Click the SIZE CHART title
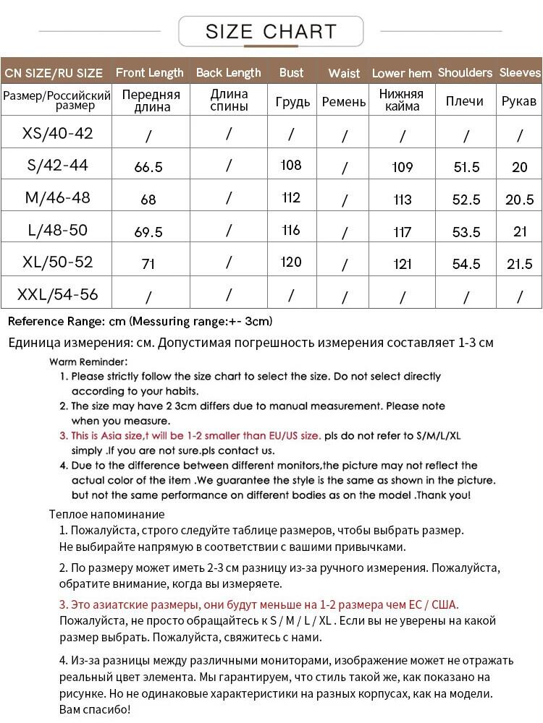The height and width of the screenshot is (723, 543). pyautogui.click(x=271, y=32)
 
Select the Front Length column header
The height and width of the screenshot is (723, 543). pyautogui.click(x=150, y=72)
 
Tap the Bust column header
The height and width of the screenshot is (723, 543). pyautogui.click(x=291, y=72)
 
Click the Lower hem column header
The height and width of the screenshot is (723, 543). pyautogui.click(x=402, y=73)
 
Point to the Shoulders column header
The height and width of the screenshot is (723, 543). pyautogui.click(x=466, y=72)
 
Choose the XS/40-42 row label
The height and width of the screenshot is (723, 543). pyautogui.click(x=58, y=133)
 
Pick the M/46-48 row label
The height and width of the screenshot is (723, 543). pyautogui.click(x=58, y=198)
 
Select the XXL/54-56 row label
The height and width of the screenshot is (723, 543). pyautogui.click(x=58, y=295)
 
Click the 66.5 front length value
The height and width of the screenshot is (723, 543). pyautogui.click(x=148, y=167)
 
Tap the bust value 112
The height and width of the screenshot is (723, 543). pyautogui.click(x=291, y=198)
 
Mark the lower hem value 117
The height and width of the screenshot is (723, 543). pyautogui.click(x=402, y=232)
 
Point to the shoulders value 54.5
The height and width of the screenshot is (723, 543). pyautogui.click(x=466, y=264)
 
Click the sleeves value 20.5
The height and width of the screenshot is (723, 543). pyautogui.click(x=520, y=200)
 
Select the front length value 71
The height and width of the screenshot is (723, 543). pyautogui.click(x=148, y=264)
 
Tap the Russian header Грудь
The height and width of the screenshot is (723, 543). pyautogui.click(x=292, y=102)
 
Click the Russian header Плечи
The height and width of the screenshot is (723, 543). pyautogui.click(x=465, y=101)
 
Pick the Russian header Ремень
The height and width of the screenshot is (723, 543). pyautogui.click(x=344, y=102)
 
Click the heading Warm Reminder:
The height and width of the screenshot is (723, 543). pyautogui.click(x=88, y=361)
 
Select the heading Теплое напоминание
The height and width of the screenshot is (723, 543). pyautogui.click(x=106, y=515)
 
